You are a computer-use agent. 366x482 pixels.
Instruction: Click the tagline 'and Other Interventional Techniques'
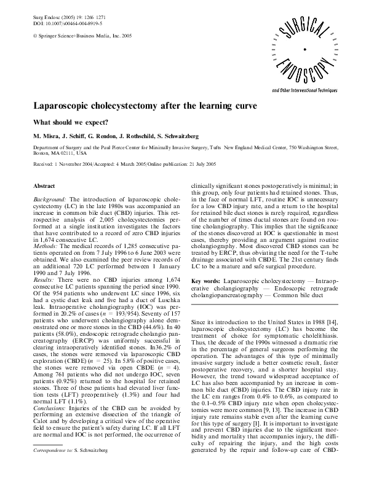pyautogui.click(x=308, y=90)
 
